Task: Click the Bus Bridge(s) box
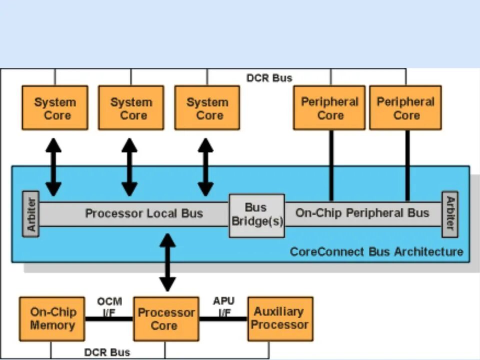point(257,215)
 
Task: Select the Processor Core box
point(166,318)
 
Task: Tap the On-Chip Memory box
point(52,318)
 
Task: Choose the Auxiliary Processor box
point(280,318)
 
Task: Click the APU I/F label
point(224,306)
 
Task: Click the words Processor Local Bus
point(144,213)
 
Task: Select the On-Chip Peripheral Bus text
point(362,213)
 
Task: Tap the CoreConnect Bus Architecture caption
point(376,251)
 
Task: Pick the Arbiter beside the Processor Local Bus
point(31,214)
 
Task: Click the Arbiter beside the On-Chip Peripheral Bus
point(450,214)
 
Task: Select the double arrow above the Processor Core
point(167,262)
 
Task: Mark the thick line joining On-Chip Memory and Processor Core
point(109,319)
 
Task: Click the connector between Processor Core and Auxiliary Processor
point(223,319)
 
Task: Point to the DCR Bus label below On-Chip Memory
point(107,352)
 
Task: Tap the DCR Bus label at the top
point(269,78)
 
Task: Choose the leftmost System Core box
point(55,108)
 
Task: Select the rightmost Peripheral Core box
point(405,108)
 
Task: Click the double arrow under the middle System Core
point(129,167)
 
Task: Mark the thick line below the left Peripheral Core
point(331,165)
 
